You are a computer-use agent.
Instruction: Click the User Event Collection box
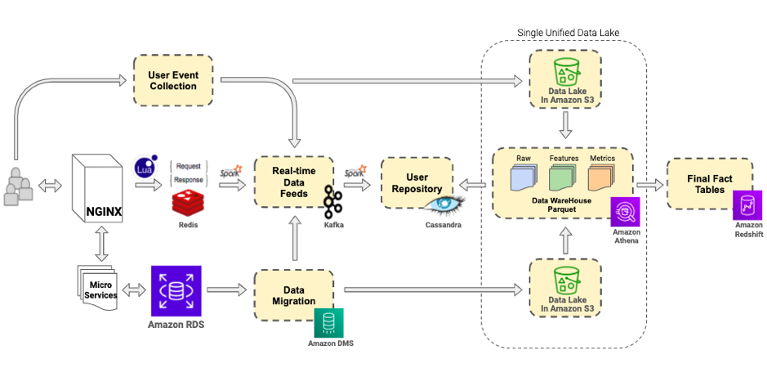172,80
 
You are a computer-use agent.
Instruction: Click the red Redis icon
188,204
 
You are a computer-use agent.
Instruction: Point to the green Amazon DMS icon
328,322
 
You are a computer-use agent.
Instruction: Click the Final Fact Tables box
705,183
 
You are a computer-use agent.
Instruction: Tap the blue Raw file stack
524,177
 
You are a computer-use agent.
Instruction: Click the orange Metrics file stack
602,177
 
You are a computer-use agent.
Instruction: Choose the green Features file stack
563,177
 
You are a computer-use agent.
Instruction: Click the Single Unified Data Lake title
569,33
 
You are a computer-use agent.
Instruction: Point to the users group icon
21,186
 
